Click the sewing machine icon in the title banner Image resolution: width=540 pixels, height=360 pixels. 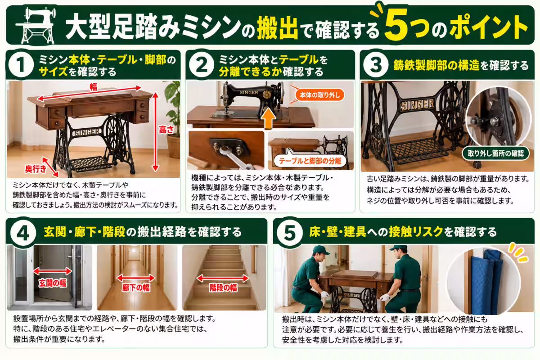click(x=36, y=26)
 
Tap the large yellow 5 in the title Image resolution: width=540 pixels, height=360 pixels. click(x=396, y=25)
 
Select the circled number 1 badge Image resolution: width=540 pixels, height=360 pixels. click(x=21, y=65)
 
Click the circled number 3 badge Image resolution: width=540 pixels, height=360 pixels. click(x=376, y=65)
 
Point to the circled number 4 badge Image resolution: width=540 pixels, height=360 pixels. click(x=23, y=233)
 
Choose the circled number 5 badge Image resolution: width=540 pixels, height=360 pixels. click(x=290, y=233)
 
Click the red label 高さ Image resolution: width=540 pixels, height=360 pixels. click(x=166, y=130)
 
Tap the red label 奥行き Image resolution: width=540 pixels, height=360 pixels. click(x=36, y=169)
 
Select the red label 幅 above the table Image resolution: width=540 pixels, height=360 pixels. click(x=94, y=86)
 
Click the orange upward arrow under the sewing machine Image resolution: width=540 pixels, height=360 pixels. click(x=269, y=118)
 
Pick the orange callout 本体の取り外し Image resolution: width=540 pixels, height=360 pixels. click(x=319, y=95)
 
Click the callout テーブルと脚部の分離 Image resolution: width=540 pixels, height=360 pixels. click(x=310, y=161)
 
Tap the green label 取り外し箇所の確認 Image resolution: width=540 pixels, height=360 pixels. click(x=495, y=153)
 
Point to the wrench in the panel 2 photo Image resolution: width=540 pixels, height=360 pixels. click(x=235, y=157)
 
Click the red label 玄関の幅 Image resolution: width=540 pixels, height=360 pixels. click(x=53, y=283)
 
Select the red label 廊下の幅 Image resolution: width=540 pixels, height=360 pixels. click(x=136, y=288)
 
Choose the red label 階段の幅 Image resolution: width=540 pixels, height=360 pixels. click(x=223, y=288)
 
